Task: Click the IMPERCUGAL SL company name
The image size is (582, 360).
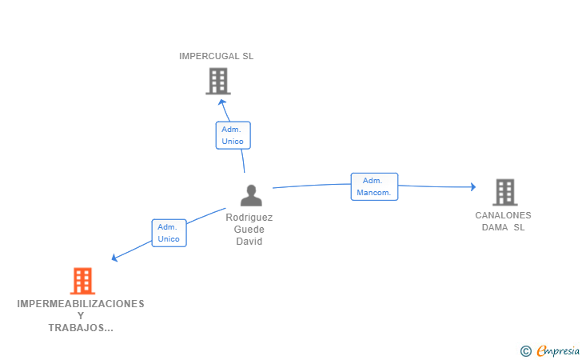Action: point(216,56)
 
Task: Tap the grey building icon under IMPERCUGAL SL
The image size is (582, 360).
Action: point(218,81)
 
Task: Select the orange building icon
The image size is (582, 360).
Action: point(83,281)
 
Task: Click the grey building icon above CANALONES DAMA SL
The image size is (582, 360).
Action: point(505,192)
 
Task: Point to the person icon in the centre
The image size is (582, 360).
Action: point(251,195)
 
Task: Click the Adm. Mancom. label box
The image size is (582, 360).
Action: point(374,186)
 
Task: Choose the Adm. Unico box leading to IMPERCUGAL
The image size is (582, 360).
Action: point(233,135)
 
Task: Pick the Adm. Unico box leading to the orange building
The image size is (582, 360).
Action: point(169,233)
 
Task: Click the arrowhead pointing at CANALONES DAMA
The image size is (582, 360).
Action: point(473,186)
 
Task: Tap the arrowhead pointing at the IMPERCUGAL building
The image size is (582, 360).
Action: point(222,102)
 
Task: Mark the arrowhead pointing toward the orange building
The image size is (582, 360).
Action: point(114,257)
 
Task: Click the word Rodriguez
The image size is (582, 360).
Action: point(249,218)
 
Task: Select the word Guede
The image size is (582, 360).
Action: point(249,230)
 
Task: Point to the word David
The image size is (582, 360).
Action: point(249,241)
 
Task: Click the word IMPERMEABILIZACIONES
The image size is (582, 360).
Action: point(81,303)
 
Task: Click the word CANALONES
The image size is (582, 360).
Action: point(503,215)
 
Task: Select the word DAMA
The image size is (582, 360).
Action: point(495,227)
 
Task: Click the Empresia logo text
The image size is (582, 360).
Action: point(558,350)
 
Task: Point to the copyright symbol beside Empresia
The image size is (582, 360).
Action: point(526,351)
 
